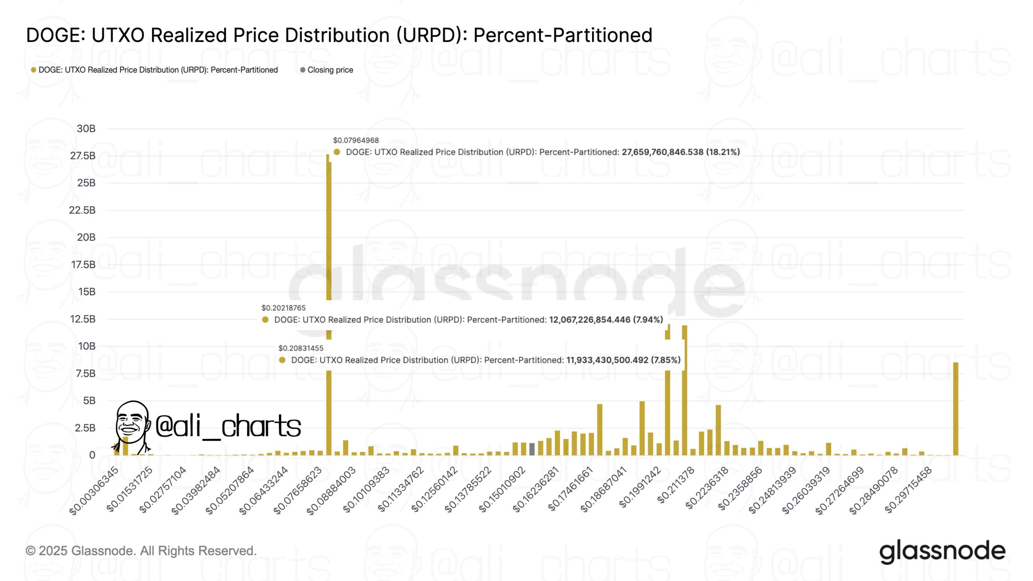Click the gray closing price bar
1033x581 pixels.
coord(532,449)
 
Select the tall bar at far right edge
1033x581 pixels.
coord(956,408)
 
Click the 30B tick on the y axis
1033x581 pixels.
coord(86,129)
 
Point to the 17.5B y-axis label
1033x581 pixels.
coord(83,265)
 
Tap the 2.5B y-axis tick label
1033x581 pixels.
coord(85,428)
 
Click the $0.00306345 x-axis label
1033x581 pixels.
coord(94,491)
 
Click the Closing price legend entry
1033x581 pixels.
coord(330,70)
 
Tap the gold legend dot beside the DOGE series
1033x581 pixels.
coord(33,70)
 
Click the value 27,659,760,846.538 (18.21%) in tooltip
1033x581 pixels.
coord(680,152)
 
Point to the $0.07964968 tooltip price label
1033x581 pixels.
coord(355,140)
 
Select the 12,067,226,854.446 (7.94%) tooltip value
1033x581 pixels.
coord(606,320)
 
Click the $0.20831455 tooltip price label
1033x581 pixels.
coord(301,348)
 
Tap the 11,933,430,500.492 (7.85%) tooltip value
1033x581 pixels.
coord(623,360)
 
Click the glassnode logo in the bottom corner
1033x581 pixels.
coord(942,551)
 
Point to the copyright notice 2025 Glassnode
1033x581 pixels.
coord(141,551)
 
